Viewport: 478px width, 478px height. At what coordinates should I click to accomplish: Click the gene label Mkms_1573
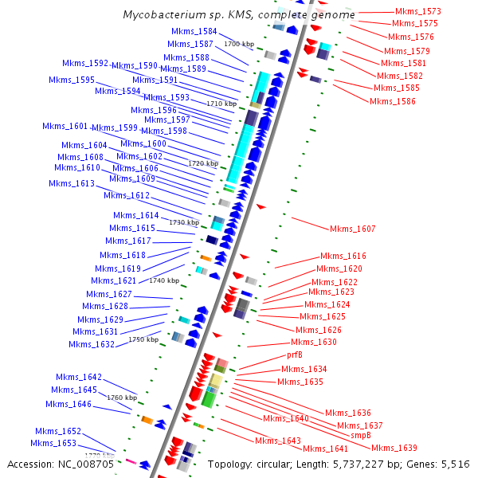point(417,12)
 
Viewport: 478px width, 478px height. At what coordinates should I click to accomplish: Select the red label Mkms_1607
point(352,229)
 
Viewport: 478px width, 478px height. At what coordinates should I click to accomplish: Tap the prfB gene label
point(295,355)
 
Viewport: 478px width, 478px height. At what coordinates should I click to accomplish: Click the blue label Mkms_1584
point(194,32)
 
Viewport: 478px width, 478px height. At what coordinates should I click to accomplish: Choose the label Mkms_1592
point(86,63)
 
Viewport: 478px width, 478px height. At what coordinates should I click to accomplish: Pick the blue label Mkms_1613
point(71,184)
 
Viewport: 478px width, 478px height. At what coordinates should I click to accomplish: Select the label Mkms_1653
point(53,444)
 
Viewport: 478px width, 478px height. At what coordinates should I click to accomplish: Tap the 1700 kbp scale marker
point(240,44)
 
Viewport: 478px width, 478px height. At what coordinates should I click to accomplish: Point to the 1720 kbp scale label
point(203,163)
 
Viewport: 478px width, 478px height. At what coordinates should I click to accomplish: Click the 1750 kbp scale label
point(143,340)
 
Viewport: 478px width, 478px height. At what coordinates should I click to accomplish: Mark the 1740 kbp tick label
point(164,280)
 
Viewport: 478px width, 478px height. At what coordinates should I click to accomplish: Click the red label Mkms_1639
point(394,448)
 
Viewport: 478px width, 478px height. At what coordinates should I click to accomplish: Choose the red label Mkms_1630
point(314,343)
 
